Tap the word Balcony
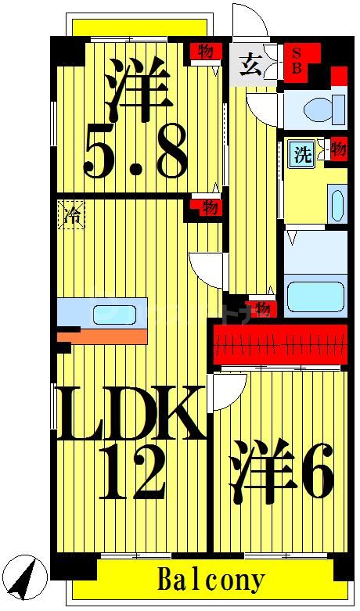point(211,580)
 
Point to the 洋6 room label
point(282,472)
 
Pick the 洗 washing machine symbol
point(301,153)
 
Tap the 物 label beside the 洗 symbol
point(337,149)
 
